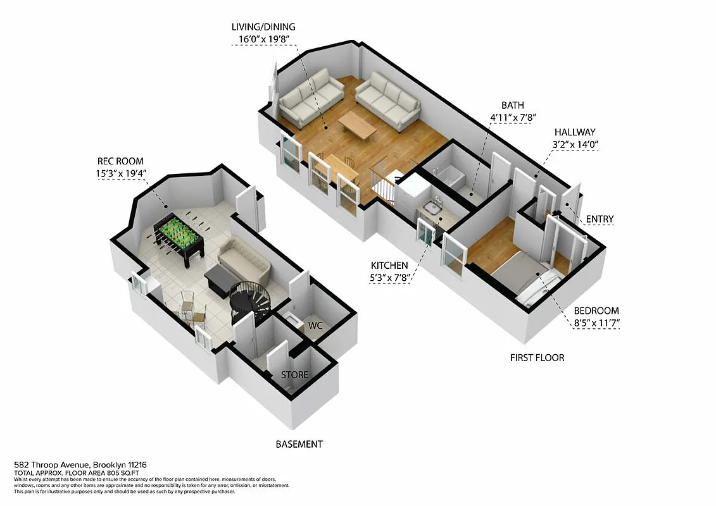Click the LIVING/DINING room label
pos(263,27)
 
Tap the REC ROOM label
pos(120,161)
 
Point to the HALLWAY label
pos(575,132)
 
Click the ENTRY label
pos(600,219)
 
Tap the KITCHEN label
pos(390,265)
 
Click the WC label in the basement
pos(316,325)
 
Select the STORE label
pos(294,375)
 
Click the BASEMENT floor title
pos(299,444)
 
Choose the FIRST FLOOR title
pos(537,357)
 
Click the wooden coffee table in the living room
pos(358,124)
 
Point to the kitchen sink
pos(433,207)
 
